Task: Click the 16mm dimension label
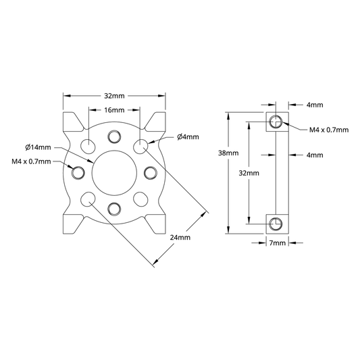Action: [114, 110]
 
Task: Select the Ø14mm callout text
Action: [38, 147]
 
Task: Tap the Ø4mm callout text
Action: [188, 137]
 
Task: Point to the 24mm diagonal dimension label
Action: [180, 237]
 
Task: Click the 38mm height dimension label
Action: [228, 153]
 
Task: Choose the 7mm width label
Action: [278, 242]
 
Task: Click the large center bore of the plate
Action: [114, 173]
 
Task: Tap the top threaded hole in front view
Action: [114, 137]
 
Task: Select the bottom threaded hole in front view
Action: [114, 209]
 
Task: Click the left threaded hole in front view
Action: [78, 172]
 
